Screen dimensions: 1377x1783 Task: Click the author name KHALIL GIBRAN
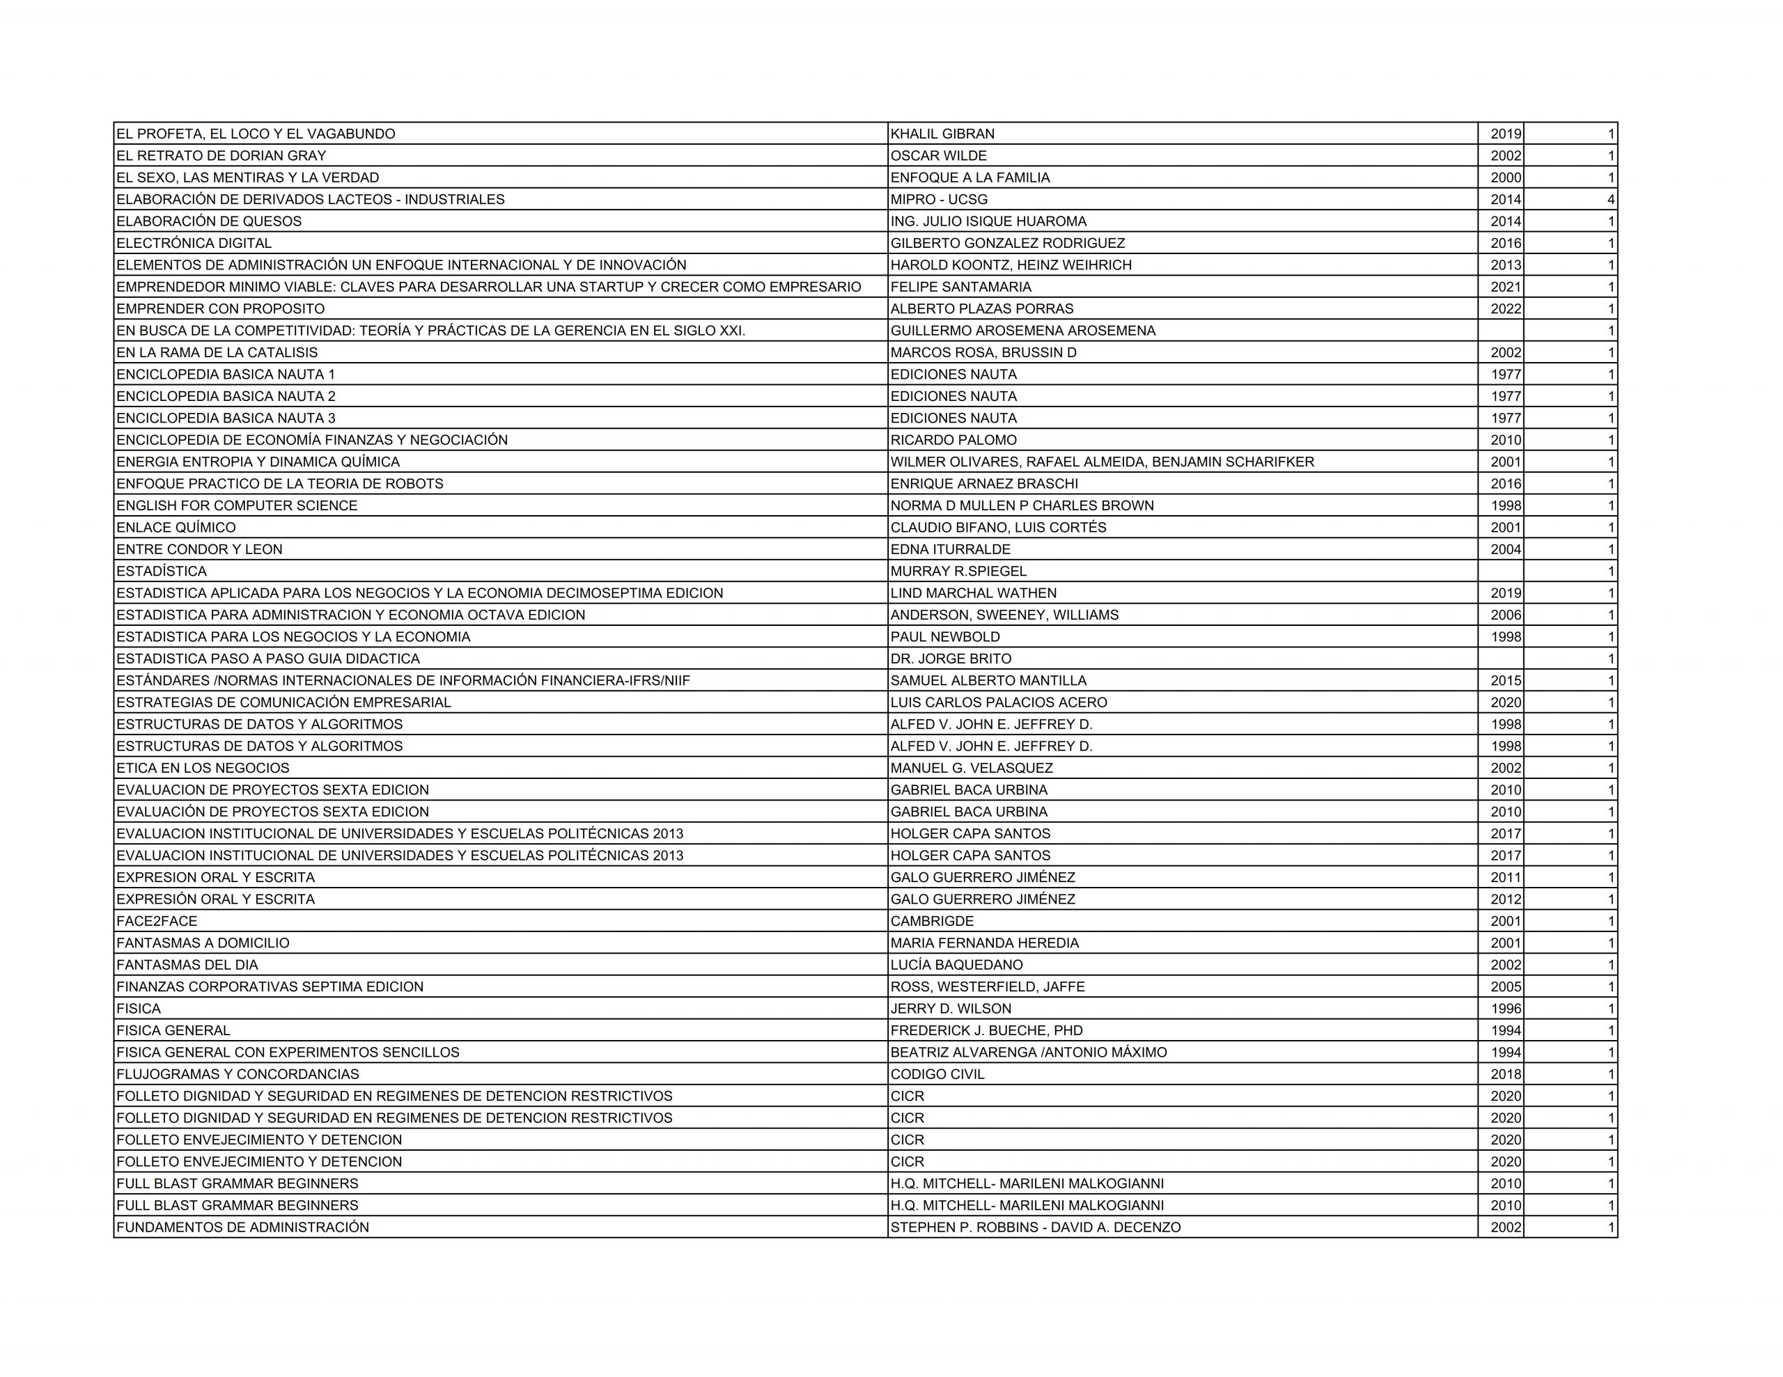[x=942, y=134]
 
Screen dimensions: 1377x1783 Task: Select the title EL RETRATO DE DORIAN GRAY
[x=221, y=156]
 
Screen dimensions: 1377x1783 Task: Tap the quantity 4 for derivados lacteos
[x=1611, y=200]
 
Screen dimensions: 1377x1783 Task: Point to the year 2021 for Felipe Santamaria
[x=1505, y=288]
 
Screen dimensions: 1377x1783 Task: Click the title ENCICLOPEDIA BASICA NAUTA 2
[x=226, y=397]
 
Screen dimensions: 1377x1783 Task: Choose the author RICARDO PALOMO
[x=953, y=441]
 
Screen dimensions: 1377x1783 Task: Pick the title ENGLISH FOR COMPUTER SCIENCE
[x=237, y=506]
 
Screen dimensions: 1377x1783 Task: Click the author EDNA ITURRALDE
[x=950, y=550]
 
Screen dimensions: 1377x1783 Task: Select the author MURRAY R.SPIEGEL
[x=958, y=572]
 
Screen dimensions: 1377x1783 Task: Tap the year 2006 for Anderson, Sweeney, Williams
[x=1505, y=615]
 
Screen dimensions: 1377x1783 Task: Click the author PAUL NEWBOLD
[x=944, y=638]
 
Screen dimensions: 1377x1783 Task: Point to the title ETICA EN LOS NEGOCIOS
[x=203, y=768]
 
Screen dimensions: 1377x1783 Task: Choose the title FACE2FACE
[x=157, y=922]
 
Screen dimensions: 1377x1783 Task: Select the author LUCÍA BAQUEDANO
[x=957, y=965]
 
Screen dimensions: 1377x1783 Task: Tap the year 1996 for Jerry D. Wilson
[x=1505, y=1009]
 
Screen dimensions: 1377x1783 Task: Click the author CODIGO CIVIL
[x=937, y=1074]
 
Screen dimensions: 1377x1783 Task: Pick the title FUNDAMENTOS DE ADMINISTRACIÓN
[x=242, y=1227]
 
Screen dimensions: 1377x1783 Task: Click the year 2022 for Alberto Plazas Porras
[x=1505, y=309]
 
